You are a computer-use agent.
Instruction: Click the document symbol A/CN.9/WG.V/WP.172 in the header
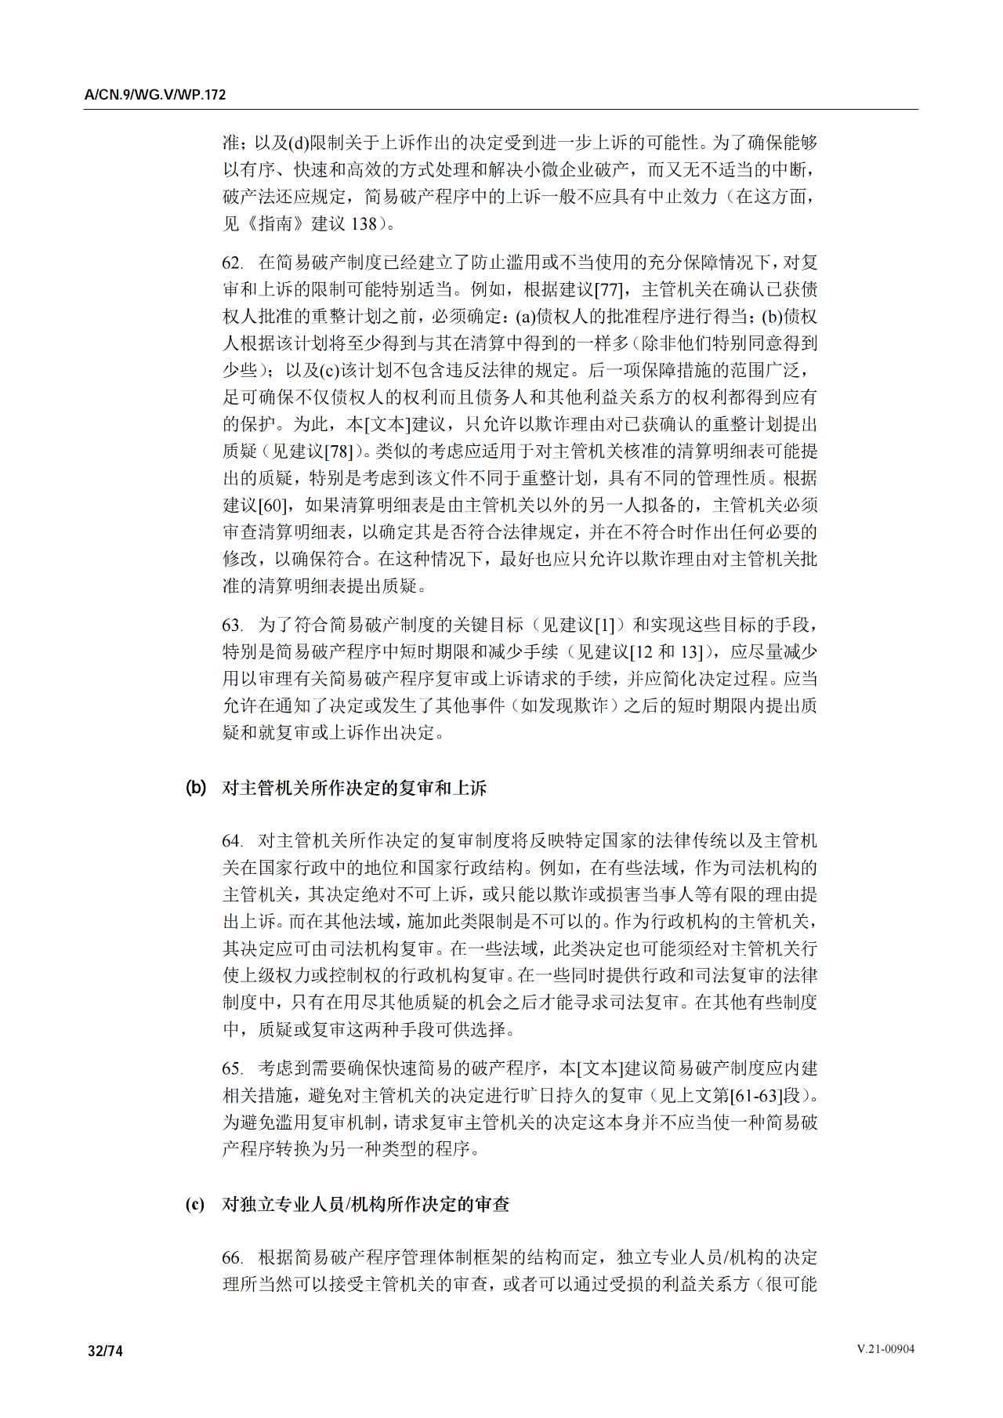(x=155, y=95)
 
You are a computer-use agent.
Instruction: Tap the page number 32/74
(x=105, y=1351)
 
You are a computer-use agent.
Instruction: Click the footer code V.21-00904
(x=885, y=1349)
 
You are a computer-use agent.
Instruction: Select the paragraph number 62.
(x=232, y=263)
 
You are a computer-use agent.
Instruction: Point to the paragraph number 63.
(x=232, y=625)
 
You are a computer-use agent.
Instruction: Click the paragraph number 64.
(x=232, y=841)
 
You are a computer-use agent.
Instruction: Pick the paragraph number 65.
(x=232, y=1068)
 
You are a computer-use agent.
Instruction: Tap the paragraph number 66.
(x=232, y=1257)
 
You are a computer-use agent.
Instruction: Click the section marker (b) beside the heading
(x=196, y=787)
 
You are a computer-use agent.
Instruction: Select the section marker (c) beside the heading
(x=195, y=1203)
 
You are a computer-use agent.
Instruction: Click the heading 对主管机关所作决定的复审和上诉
(x=354, y=788)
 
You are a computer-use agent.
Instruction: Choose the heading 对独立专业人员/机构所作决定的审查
(x=366, y=1204)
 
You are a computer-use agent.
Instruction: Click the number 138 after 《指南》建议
(x=364, y=223)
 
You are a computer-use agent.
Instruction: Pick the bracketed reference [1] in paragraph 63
(x=606, y=625)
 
